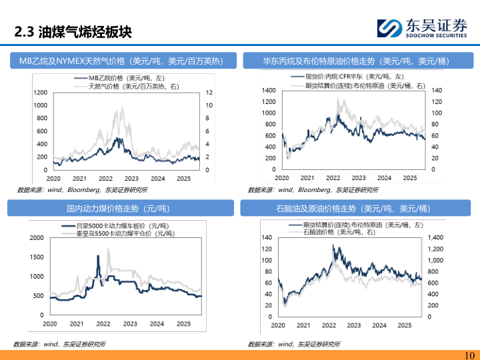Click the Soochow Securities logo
[423, 27]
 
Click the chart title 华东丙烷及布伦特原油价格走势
[356, 61]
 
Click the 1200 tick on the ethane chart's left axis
[41, 92]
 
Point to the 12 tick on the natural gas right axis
[209, 92]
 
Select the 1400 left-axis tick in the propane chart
[269, 90]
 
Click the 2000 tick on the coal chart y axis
[37, 238]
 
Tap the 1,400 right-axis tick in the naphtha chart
[434, 237]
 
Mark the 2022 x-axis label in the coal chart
[103, 325]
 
